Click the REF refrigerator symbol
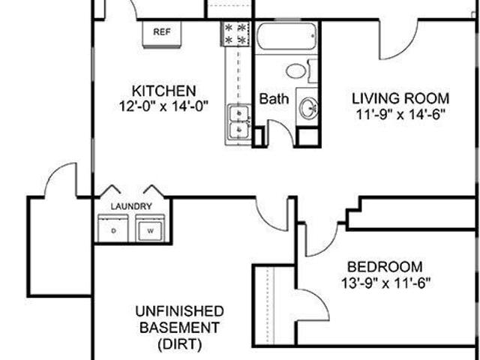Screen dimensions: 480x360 pyautogui.click(x=162, y=34)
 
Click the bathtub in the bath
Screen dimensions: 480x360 pyautogui.click(x=286, y=36)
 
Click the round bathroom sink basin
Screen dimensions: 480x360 pyautogui.click(x=308, y=108)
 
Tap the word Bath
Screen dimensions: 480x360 pyautogui.click(x=274, y=99)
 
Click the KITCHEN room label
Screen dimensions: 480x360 pyautogui.click(x=163, y=91)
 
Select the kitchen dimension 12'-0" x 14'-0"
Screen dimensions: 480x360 pyautogui.click(x=163, y=106)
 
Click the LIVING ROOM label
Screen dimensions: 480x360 pyautogui.click(x=400, y=98)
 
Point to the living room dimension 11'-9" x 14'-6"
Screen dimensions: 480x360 pyautogui.click(x=400, y=115)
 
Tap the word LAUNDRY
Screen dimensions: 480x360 pyautogui.click(x=131, y=206)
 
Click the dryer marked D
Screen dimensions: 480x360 pyautogui.click(x=113, y=228)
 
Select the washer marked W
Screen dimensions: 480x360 pyautogui.click(x=150, y=228)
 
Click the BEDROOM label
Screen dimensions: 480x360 pyautogui.click(x=385, y=267)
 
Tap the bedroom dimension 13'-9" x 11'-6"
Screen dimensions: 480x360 pyautogui.click(x=386, y=283)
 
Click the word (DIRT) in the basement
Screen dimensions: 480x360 pyautogui.click(x=180, y=344)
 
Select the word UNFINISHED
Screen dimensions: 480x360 pyautogui.click(x=180, y=311)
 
